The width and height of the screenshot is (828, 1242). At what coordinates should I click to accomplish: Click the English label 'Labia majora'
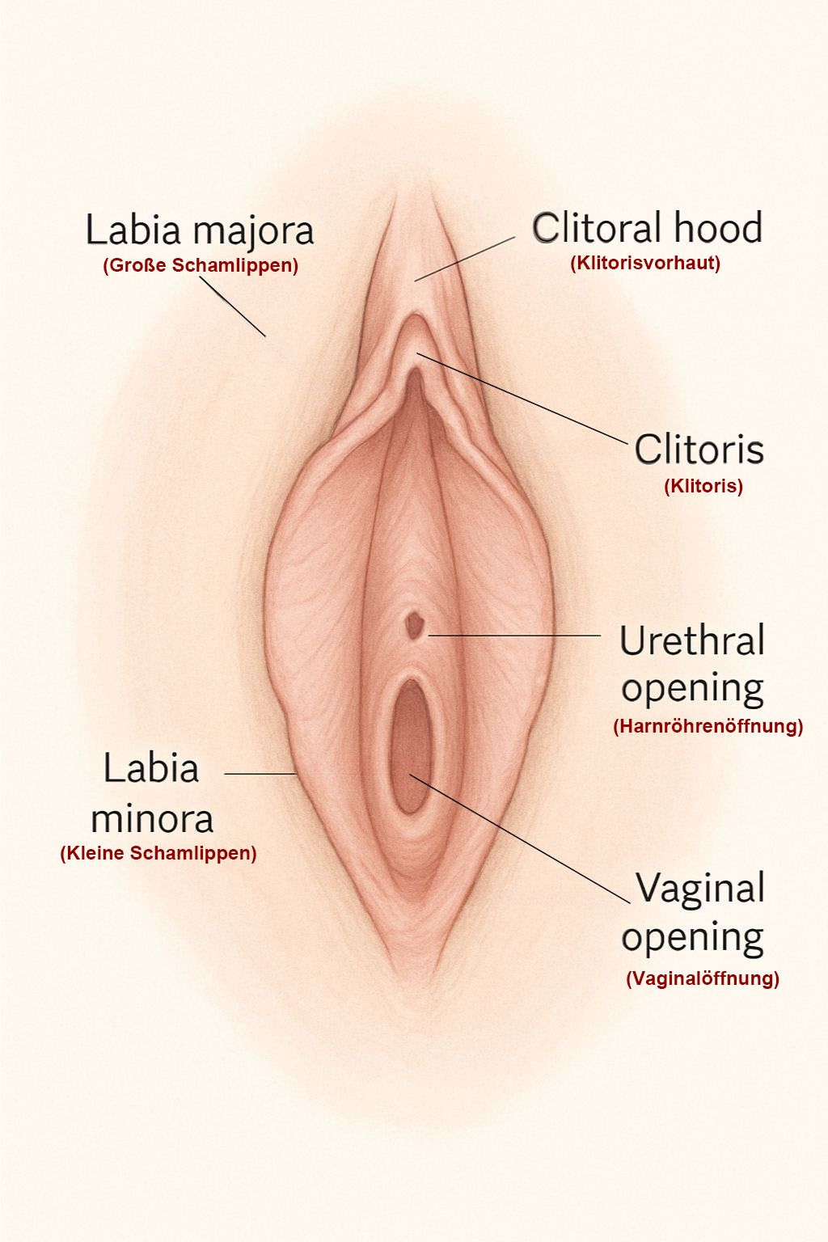[x=200, y=230]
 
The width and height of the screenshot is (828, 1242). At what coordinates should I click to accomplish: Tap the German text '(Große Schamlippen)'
[x=200, y=265]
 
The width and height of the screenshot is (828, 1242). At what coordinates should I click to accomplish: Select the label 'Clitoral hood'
[x=647, y=228]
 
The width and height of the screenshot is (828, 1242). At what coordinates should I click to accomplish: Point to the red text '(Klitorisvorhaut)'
[x=644, y=263]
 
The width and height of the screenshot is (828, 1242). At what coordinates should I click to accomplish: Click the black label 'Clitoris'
[x=699, y=449]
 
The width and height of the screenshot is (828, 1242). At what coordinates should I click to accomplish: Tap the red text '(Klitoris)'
[x=703, y=486]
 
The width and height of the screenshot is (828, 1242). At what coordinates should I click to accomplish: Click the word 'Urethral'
[x=691, y=641]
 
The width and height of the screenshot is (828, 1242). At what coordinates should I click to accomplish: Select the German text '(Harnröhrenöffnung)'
[x=708, y=725]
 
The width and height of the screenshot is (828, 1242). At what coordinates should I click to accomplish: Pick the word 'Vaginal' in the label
[x=699, y=889]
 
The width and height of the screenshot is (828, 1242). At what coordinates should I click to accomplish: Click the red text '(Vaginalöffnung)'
[x=702, y=978]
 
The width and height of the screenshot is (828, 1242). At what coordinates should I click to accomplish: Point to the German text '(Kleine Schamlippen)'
[x=158, y=853]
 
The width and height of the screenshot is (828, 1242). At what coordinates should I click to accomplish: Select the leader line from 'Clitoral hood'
[x=465, y=259]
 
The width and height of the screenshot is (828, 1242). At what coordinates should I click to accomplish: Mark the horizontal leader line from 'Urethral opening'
[x=514, y=636]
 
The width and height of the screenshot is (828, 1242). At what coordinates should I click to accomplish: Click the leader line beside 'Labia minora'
[x=260, y=774]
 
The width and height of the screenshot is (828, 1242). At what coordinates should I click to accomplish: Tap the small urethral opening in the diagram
[x=416, y=624]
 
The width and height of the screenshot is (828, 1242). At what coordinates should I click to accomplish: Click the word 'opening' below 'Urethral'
[x=692, y=688]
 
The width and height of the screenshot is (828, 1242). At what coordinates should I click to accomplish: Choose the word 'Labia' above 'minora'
[x=150, y=768]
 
